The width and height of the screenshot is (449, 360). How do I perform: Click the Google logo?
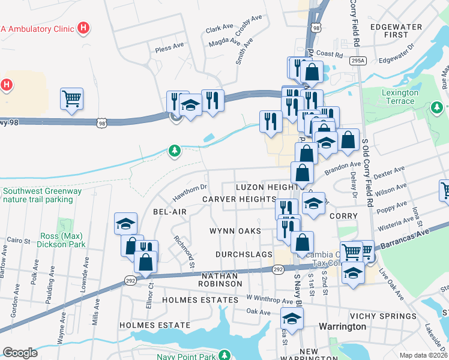(20, 353)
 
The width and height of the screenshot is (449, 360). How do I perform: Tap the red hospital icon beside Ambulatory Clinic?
(84, 28)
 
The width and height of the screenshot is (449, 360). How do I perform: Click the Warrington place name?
(343, 326)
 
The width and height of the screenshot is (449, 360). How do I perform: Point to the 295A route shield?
(358, 61)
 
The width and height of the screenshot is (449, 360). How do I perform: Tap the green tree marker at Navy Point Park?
(224, 355)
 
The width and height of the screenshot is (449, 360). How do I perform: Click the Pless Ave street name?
(169, 47)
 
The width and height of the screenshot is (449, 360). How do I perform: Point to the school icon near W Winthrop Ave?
(292, 319)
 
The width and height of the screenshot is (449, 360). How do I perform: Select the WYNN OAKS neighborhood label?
(235, 231)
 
